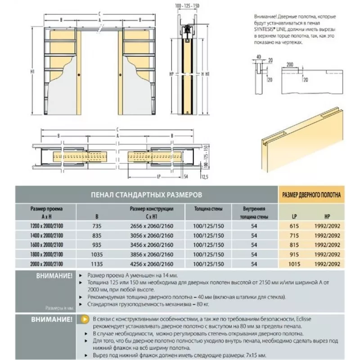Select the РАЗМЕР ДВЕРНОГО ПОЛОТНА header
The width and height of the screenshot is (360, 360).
coord(311,195)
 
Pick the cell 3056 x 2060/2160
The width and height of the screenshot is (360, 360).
coord(152,235)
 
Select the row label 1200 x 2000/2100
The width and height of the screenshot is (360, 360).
coord(46,225)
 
